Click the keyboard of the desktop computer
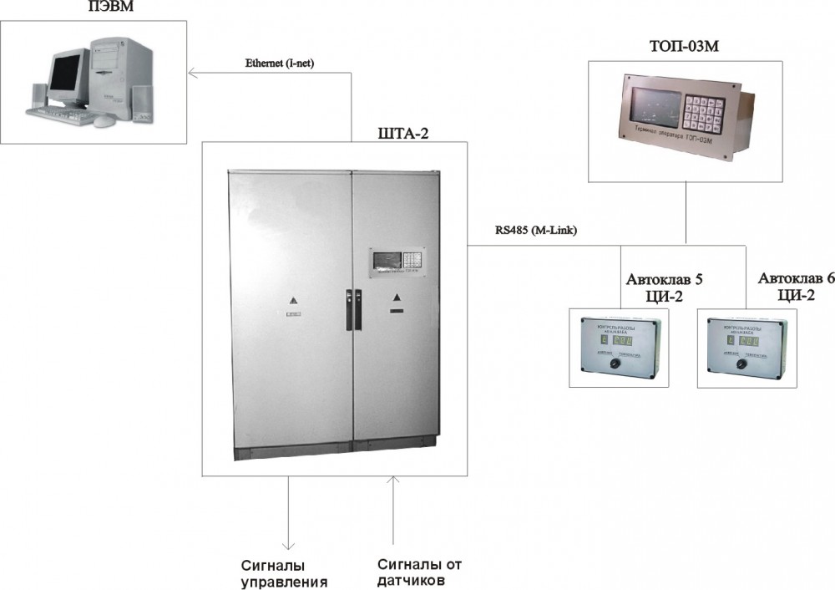click(x=58, y=113)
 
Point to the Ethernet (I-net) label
click(x=279, y=63)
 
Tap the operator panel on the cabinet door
click(x=397, y=259)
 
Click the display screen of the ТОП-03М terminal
click(x=650, y=109)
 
